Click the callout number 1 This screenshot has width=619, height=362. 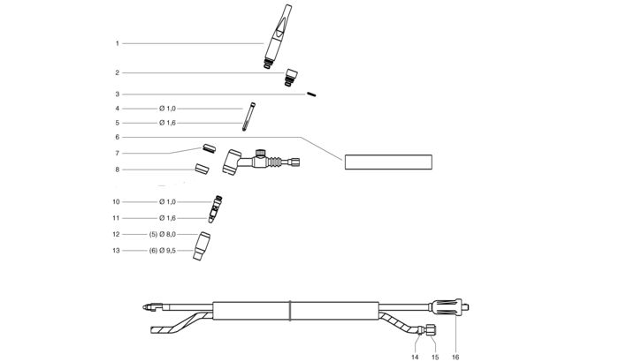click(x=117, y=43)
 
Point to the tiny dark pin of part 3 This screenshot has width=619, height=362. click(x=312, y=96)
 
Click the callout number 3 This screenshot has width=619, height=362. click(x=117, y=94)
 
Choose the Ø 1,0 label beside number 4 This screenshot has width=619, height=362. click(x=168, y=109)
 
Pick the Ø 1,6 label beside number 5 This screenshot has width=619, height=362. click(x=168, y=123)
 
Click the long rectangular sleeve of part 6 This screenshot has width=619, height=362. click(x=388, y=162)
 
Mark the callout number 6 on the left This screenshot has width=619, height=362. click(x=117, y=137)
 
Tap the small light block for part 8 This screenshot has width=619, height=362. click(x=202, y=166)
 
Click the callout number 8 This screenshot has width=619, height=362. click(x=117, y=169)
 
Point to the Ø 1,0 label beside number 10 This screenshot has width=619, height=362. click(x=168, y=202)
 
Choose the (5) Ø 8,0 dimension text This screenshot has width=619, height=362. click(x=161, y=234)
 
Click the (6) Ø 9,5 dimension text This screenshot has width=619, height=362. click(x=161, y=251)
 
